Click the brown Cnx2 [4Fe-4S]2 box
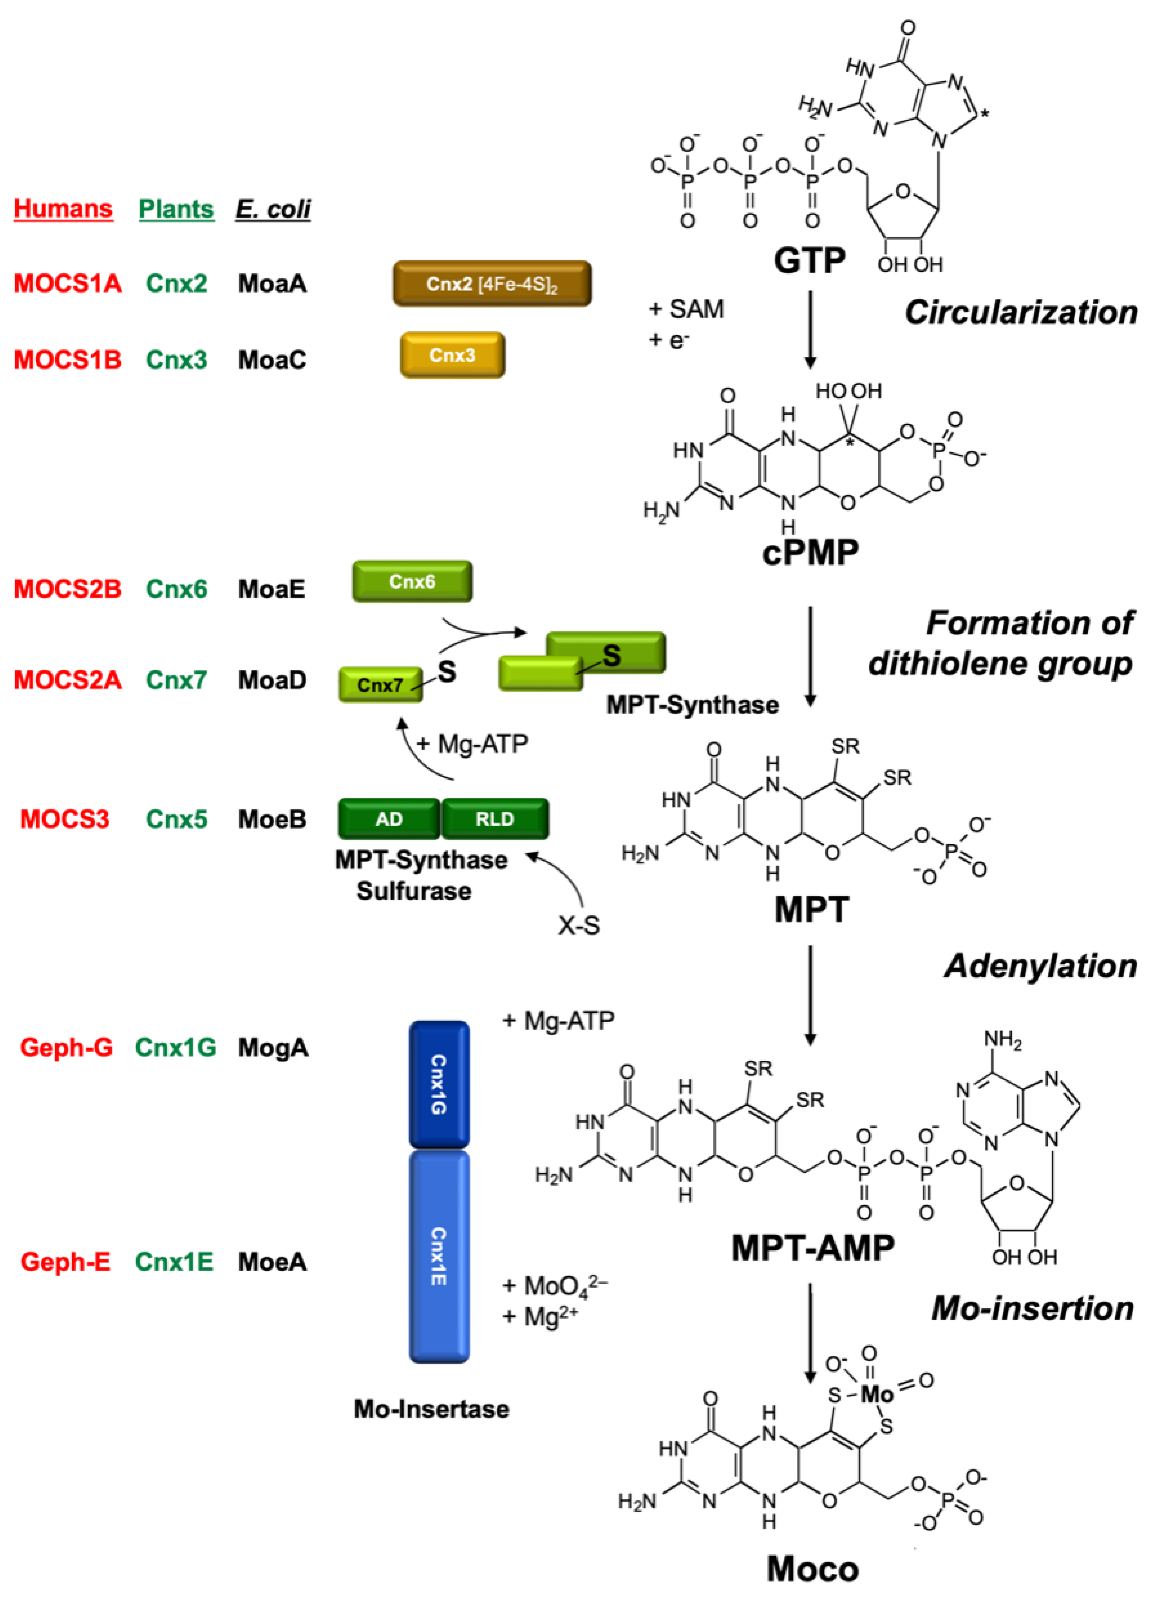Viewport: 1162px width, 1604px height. (492, 284)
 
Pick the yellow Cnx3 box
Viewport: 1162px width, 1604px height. (452, 355)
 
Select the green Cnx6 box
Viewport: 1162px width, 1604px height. (412, 581)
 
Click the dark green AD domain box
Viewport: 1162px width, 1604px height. (389, 819)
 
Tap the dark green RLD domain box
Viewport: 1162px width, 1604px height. (495, 819)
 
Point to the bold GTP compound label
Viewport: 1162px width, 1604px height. (809, 260)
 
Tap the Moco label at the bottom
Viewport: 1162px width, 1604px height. (813, 1569)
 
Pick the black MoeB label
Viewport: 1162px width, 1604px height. (272, 819)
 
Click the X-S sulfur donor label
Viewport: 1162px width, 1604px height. (579, 925)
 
